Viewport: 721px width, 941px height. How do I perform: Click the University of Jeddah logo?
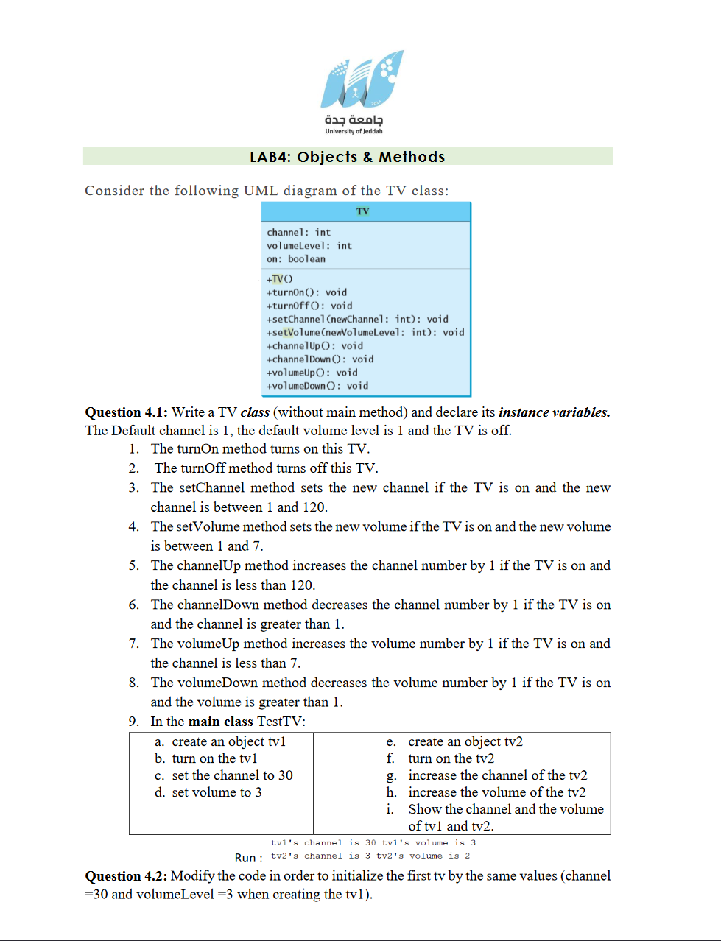coord(361,91)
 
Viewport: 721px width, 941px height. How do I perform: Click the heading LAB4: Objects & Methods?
coord(347,157)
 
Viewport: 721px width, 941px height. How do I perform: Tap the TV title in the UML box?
coord(362,211)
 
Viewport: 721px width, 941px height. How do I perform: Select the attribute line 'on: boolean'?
coord(295,259)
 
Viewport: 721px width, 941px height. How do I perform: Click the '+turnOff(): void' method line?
coord(309,306)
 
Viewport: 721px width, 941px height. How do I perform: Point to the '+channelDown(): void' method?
coord(320,359)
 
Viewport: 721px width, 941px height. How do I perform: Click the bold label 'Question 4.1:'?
coord(126,412)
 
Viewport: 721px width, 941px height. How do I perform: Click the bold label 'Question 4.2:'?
coord(126,876)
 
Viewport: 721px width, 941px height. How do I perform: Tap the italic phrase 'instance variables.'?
coord(554,412)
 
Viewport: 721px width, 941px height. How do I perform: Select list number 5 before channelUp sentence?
coord(133,565)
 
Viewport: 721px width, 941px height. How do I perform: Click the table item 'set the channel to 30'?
coord(232,775)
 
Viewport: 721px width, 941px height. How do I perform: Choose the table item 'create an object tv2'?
coord(465,741)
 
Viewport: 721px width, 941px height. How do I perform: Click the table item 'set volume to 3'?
coord(217,792)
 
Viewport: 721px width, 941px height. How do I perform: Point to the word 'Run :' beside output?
coord(248,858)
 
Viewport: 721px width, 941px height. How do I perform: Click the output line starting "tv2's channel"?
coord(370,856)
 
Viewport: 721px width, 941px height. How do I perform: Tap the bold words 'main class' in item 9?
coord(220,722)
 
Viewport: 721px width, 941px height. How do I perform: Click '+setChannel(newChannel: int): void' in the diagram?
coord(357,320)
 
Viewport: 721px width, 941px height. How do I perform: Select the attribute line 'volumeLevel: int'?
coord(309,246)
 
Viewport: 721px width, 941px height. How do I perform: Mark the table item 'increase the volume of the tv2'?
coord(497,792)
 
